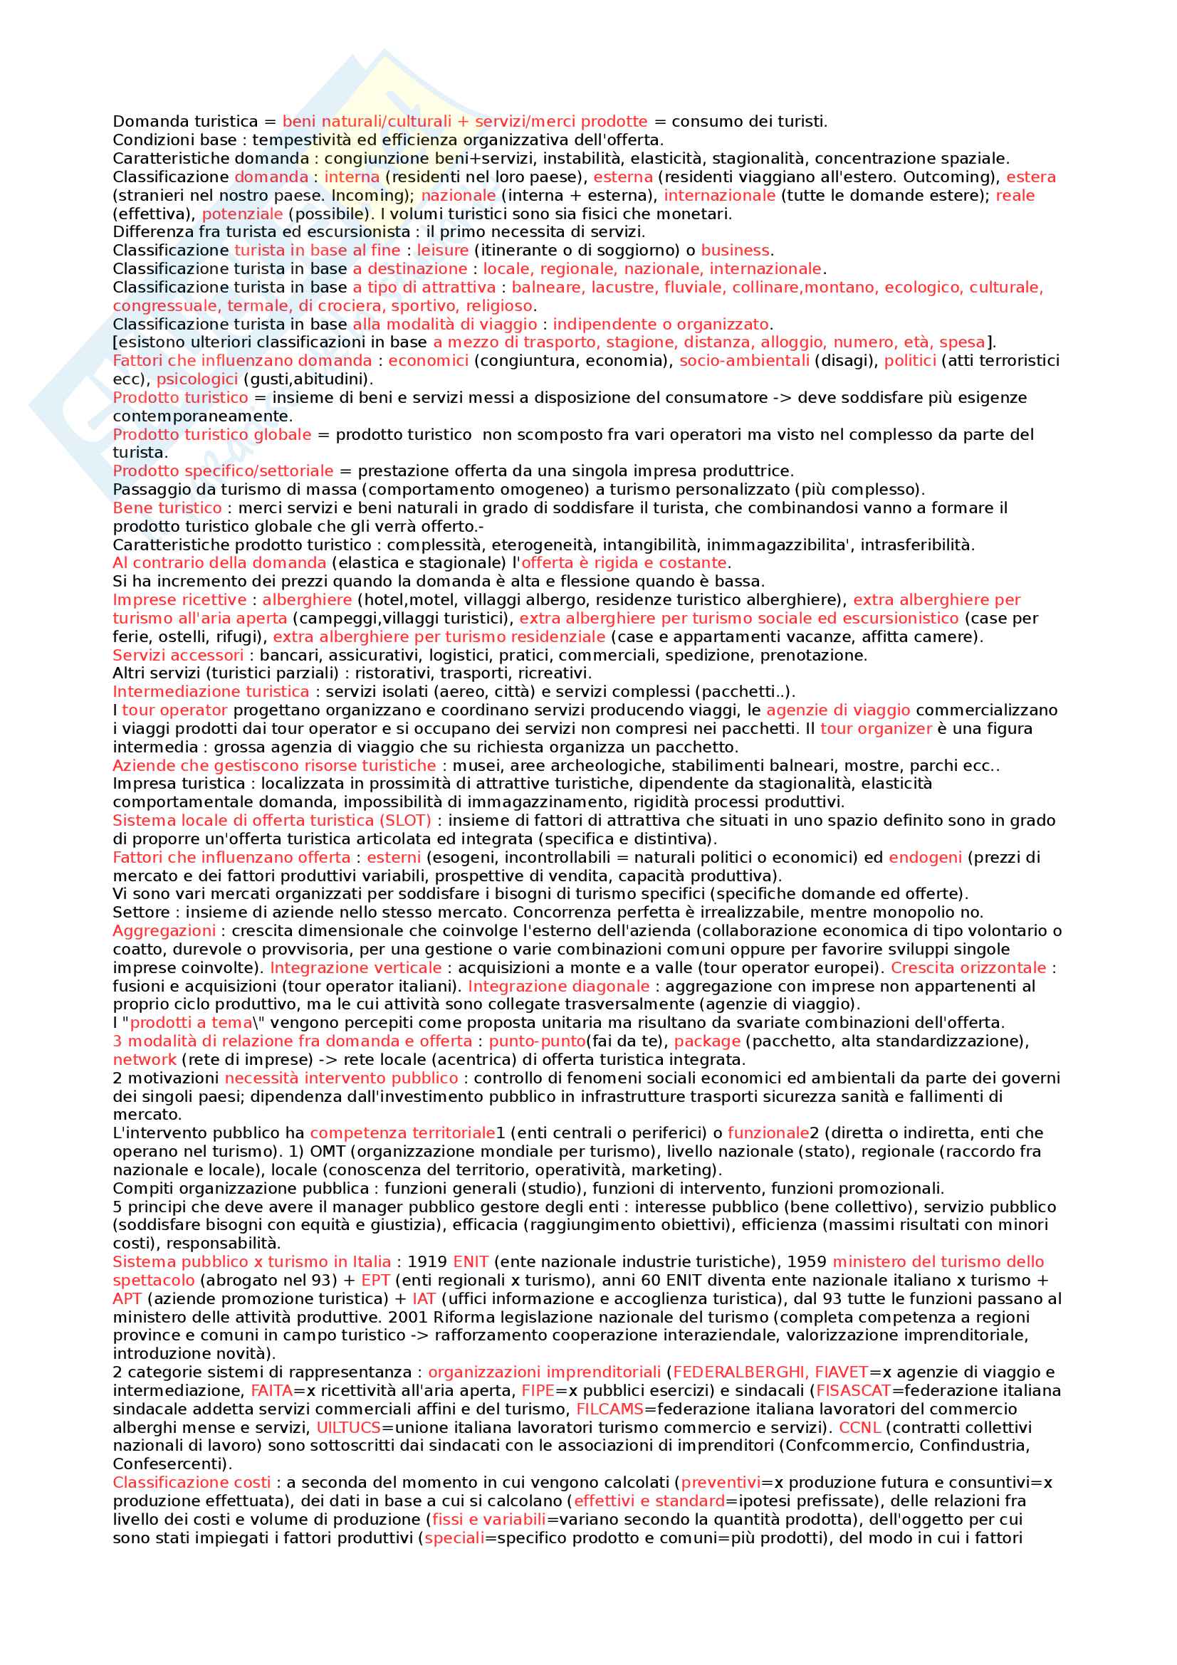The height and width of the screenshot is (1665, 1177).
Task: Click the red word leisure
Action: (x=442, y=250)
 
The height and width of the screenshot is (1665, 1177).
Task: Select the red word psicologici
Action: (x=197, y=379)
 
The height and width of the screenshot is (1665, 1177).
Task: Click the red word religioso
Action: (x=499, y=305)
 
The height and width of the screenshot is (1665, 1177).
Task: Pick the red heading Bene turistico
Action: (x=167, y=508)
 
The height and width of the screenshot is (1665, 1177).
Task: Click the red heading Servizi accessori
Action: (x=179, y=655)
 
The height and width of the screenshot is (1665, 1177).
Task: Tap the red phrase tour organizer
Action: (x=875, y=728)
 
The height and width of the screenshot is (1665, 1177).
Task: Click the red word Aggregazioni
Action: (x=164, y=930)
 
